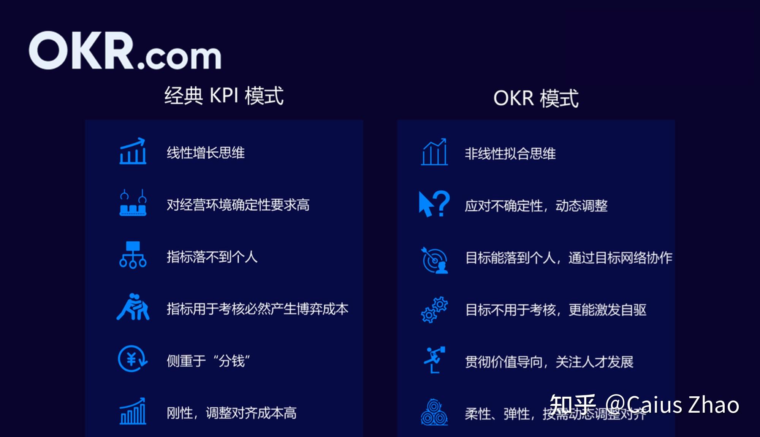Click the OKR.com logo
[x=125, y=51]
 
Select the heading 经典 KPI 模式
[x=224, y=95]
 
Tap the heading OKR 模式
[x=536, y=98]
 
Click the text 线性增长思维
[x=206, y=153]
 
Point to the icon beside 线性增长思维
[x=133, y=151]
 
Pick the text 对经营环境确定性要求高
[x=238, y=205]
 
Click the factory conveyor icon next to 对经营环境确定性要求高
[x=133, y=203]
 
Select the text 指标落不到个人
[x=212, y=257]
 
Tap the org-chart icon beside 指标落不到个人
[x=133, y=255]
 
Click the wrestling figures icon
[x=133, y=307]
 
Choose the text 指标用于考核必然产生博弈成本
[x=257, y=309]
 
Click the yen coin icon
[x=132, y=359]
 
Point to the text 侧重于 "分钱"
[x=208, y=361]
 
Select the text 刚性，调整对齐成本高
[x=231, y=413]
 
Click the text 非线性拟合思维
[x=510, y=154]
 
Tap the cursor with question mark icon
[x=434, y=204]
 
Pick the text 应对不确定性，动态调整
[x=536, y=206]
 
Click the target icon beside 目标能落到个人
[x=435, y=260]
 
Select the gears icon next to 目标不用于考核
[x=434, y=310]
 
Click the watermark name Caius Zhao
[x=682, y=404]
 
